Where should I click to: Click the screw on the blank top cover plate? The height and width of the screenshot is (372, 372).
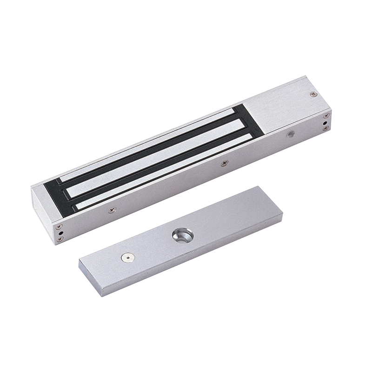[x=313, y=94]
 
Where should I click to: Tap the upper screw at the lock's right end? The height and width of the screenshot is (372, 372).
[x=326, y=115]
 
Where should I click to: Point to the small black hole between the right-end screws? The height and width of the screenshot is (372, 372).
[x=326, y=121]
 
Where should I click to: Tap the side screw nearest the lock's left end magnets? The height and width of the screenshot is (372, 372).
[x=112, y=210]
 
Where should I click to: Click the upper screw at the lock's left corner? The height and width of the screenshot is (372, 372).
[x=60, y=227]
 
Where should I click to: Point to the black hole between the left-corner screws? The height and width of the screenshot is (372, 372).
[x=60, y=233]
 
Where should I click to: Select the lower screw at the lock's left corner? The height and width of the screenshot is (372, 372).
[x=60, y=240]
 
